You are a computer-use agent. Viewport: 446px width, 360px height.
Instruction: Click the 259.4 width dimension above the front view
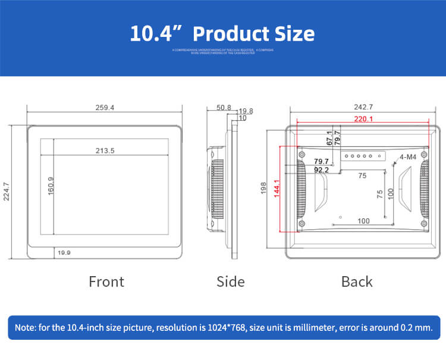(x=104, y=108)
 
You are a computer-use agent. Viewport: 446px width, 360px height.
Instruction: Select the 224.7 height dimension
(x=7, y=192)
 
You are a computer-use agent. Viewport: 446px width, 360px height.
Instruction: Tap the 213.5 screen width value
(x=105, y=151)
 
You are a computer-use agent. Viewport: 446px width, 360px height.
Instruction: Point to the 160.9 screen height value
(x=51, y=186)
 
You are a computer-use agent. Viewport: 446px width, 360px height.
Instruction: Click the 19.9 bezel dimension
(x=64, y=253)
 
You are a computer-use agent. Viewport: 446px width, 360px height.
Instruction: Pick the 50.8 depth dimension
(x=224, y=108)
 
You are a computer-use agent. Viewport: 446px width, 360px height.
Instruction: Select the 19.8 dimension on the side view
(x=246, y=111)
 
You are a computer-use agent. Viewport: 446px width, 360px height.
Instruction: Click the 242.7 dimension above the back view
(x=363, y=107)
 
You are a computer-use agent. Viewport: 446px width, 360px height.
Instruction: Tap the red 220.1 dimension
(x=363, y=119)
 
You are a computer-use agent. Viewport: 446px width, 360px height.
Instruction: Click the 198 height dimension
(x=263, y=188)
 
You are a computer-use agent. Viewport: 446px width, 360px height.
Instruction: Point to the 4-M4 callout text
(x=407, y=157)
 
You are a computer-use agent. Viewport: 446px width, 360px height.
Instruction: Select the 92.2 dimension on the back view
(x=321, y=170)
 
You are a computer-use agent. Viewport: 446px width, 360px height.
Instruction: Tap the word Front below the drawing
(x=106, y=281)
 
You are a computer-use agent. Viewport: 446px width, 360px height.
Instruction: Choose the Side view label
(x=230, y=281)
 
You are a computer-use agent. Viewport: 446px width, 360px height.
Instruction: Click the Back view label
(x=357, y=281)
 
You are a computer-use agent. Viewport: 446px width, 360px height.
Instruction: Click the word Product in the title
(x=228, y=33)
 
